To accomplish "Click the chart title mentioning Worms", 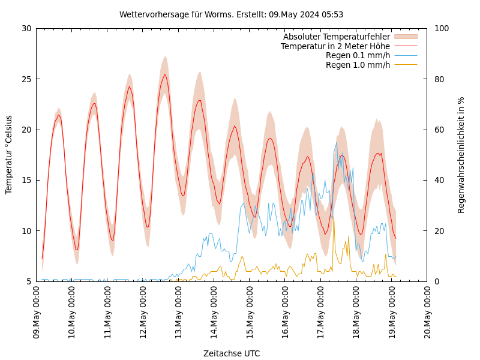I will click(231, 14).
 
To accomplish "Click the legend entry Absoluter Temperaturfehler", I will click(336, 37).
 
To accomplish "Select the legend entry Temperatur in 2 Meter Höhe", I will click(335, 46).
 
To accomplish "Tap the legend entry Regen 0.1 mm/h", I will click(358, 56).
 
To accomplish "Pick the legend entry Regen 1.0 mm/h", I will click(358, 65).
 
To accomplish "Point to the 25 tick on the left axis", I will click(26, 79).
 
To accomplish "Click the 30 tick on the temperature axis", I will click(26, 28).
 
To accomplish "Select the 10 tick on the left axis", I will click(26, 231).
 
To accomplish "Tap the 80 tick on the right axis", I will click(440, 79).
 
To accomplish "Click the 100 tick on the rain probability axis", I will click(442, 28).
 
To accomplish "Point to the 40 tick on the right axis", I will click(440, 180).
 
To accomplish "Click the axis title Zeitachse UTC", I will click(232, 353).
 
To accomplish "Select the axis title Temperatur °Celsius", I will click(9, 154).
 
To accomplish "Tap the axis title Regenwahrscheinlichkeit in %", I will click(461, 155).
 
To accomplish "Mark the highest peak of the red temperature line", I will click(165, 74).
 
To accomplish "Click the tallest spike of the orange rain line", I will click(333, 217).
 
